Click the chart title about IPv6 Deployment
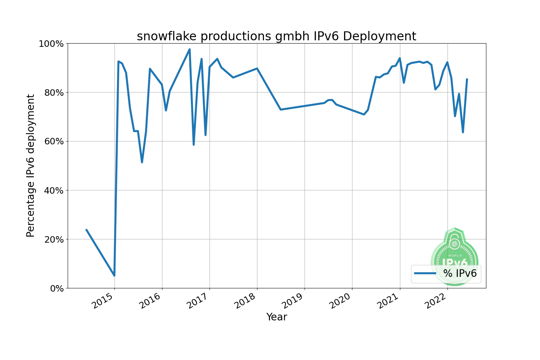pos(276,36)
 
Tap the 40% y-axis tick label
pos(53,190)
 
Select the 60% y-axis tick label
pos(53,141)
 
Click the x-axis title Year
pos(276,317)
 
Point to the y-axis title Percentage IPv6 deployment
pos(31,166)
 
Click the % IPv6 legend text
pos(460,274)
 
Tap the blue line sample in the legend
pos(425,274)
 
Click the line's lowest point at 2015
pos(114,275)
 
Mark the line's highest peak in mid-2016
pos(190,49)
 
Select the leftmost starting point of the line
pos(86,230)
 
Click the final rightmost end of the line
pos(467,79)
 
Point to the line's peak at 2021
pos(400,58)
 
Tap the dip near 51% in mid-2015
pos(142,162)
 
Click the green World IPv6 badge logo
pos(454,252)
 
